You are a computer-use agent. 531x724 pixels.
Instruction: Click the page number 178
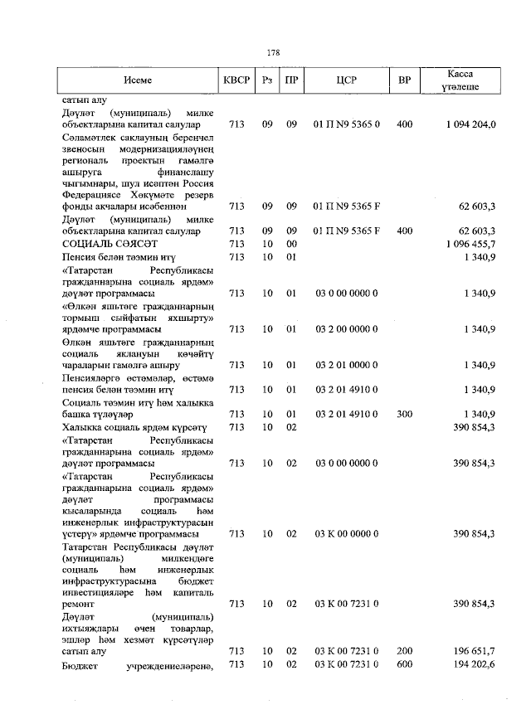click(273, 52)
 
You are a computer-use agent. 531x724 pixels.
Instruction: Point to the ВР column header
click(405, 80)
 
